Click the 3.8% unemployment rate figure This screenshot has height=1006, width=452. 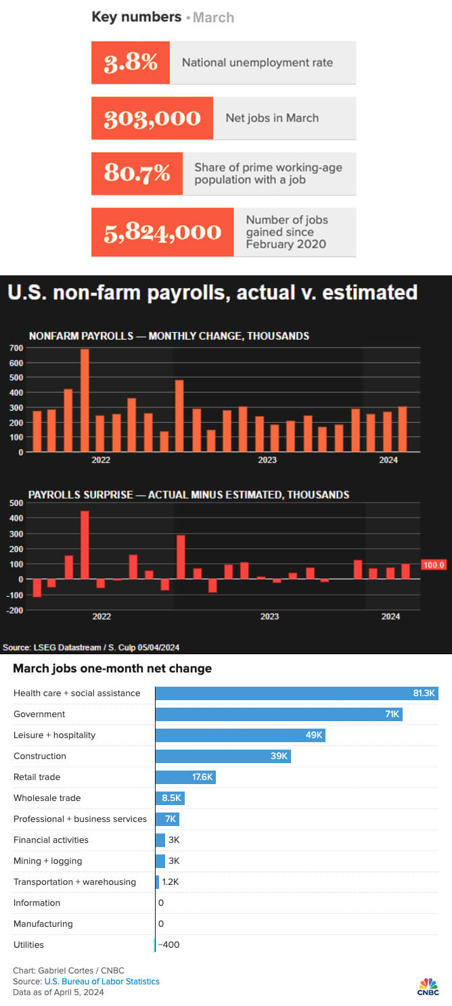click(131, 62)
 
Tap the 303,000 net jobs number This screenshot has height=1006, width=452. click(152, 118)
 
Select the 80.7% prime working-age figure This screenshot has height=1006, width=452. click(137, 173)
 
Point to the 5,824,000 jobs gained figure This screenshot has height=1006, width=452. click(162, 232)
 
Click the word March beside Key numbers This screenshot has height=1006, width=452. click(213, 18)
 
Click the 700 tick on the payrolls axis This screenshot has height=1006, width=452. click(16, 348)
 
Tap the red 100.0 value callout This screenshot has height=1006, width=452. click(434, 565)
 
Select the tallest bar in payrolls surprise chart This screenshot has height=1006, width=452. click(85, 545)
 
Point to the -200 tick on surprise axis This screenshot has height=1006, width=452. click(14, 610)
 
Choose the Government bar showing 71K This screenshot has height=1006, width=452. click(279, 714)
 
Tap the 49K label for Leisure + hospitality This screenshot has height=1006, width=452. click(314, 735)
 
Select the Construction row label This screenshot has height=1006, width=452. click(40, 756)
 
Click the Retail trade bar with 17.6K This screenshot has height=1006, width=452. click(185, 777)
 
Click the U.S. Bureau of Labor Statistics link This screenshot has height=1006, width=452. click(102, 981)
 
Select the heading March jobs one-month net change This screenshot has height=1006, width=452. click(112, 668)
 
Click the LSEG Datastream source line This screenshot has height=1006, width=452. click(91, 646)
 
